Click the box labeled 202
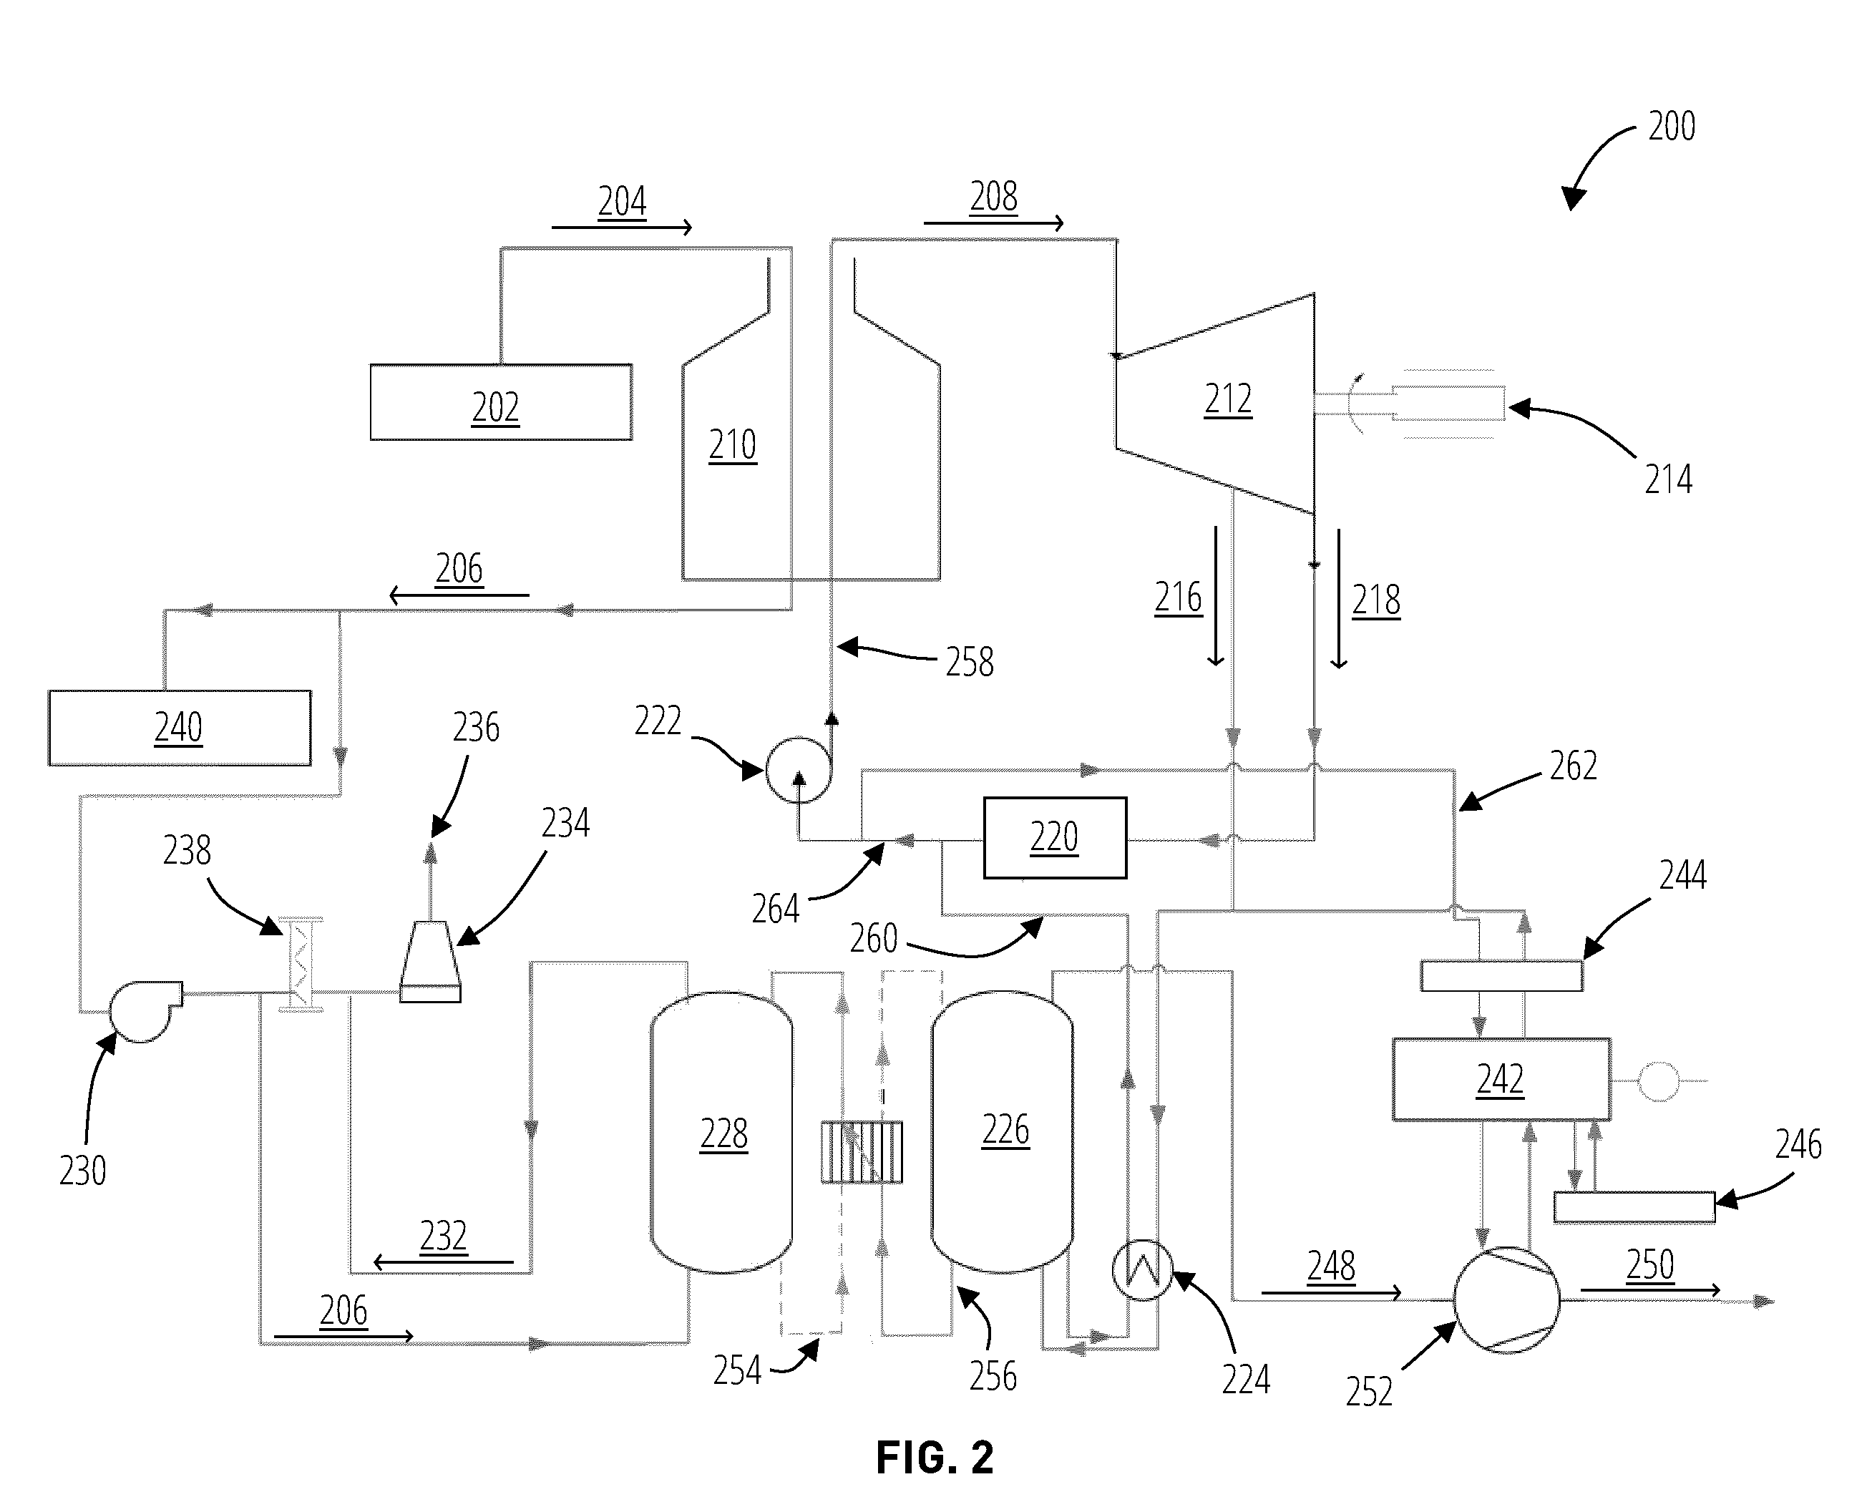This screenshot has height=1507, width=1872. pyautogui.click(x=501, y=402)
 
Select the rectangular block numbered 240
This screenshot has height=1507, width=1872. pyautogui.click(x=180, y=728)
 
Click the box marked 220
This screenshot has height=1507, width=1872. pyautogui.click(x=1055, y=838)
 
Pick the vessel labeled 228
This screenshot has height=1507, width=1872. pyautogui.click(x=721, y=1132)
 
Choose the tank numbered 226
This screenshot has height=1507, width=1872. pyautogui.click(x=1002, y=1131)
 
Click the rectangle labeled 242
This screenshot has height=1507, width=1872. pyautogui.click(x=1501, y=1079)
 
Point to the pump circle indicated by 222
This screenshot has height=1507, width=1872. pyautogui.click(x=799, y=770)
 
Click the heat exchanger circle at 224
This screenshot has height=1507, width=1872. pyautogui.click(x=1143, y=1270)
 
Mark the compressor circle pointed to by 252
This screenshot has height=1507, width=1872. pyautogui.click(x=1506, y=1299)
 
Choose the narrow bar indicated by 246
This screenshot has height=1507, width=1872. pyautogui.click(x=1634, y=1207)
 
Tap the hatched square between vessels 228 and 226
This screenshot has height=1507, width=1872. pyautogui.click(x=862, y=1152)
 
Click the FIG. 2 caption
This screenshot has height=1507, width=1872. pyautogui.click(x=935, y=1458)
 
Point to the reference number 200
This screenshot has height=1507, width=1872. pyautogui.click(x=1672, y=127)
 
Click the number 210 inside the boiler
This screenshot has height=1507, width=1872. pyautogui.click(x=732, y=445)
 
